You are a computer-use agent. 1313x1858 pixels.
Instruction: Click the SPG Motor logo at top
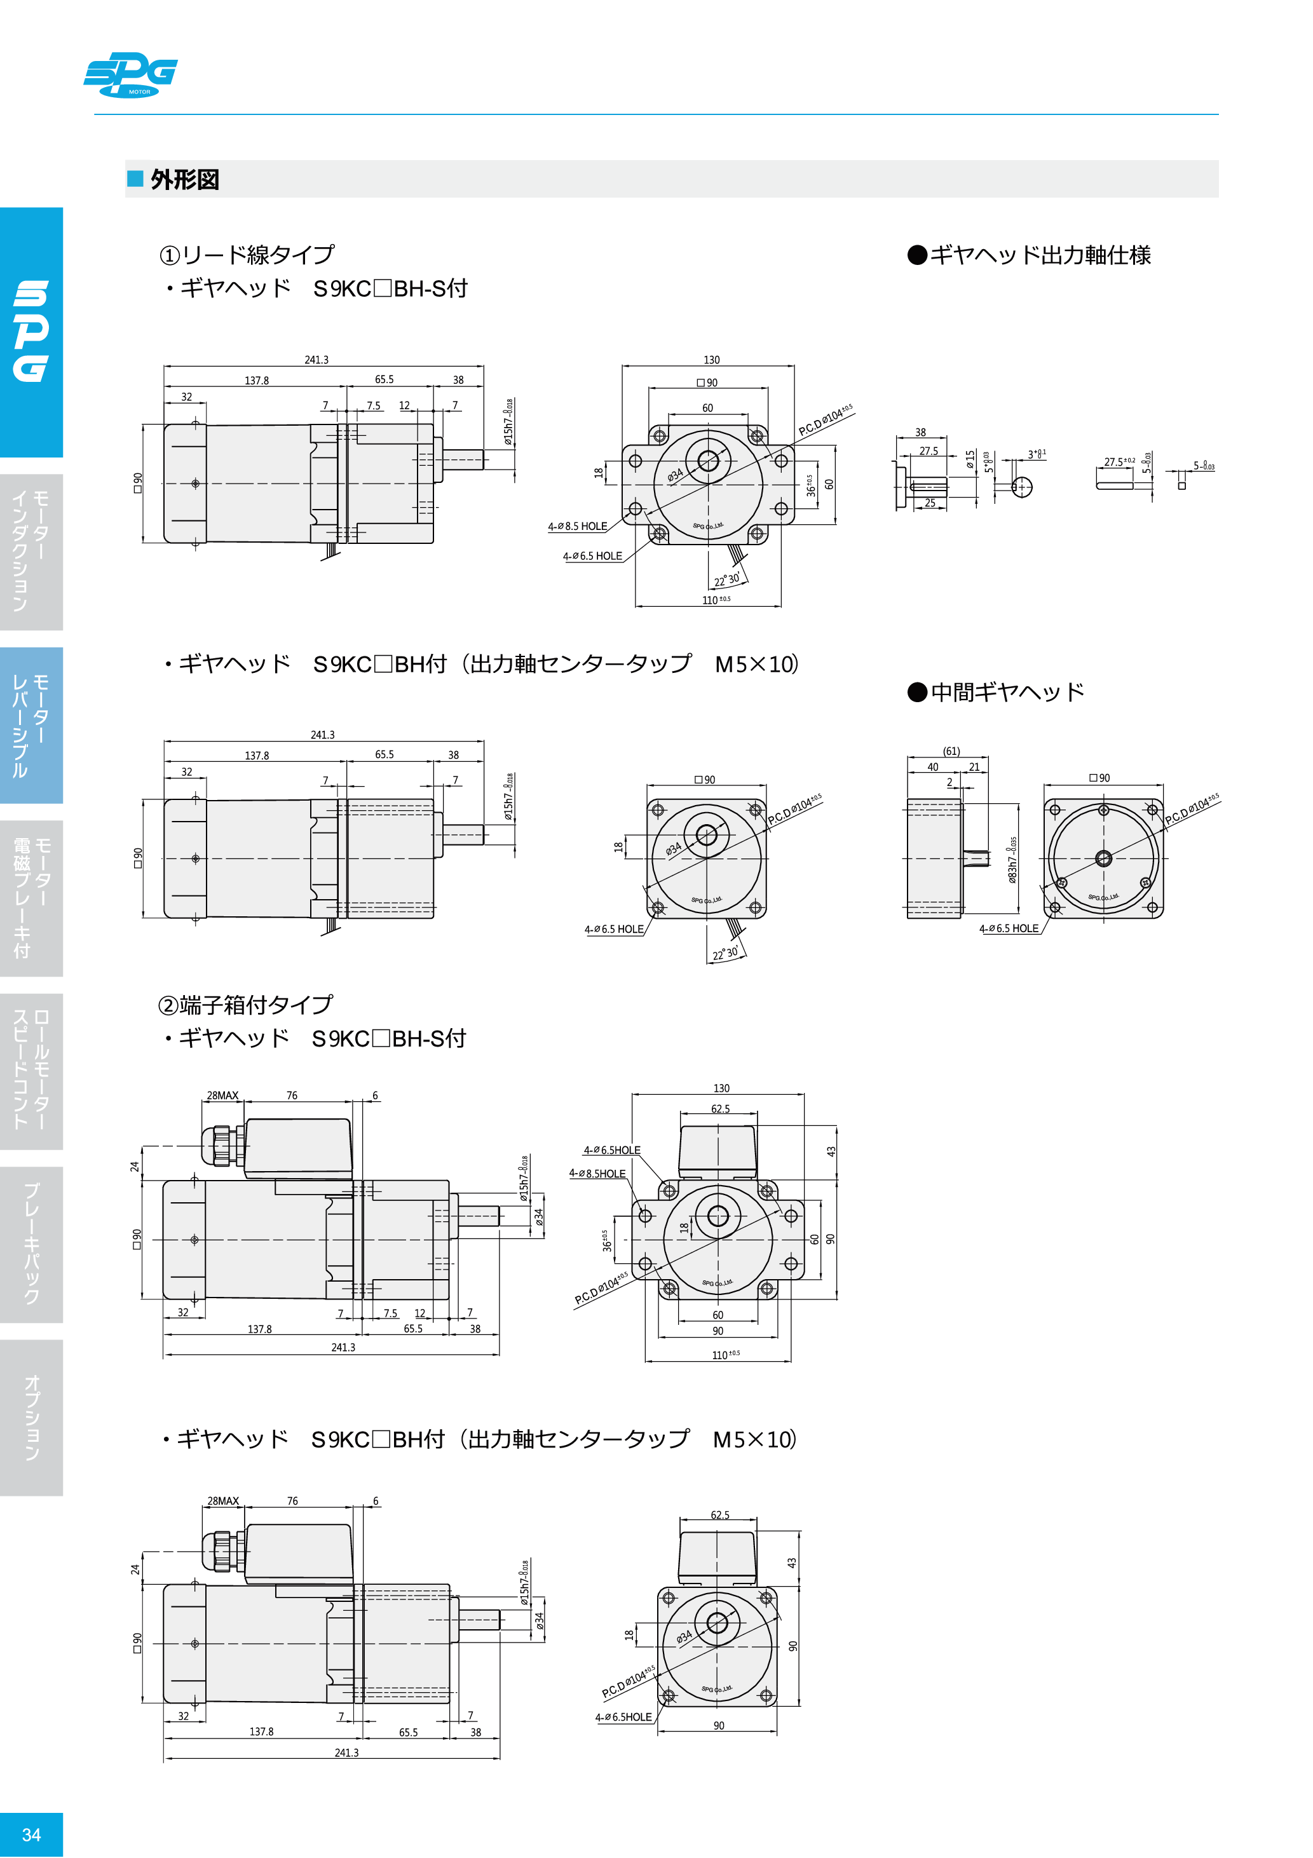pos(130,74)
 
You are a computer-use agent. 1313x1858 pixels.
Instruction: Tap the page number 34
pos(31,1834)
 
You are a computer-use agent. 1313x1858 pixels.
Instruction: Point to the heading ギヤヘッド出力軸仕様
pos(1030,255)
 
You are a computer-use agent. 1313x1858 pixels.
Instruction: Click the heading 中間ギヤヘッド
pos(997,692)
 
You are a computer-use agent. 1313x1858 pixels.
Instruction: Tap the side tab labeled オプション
pos(31,1416)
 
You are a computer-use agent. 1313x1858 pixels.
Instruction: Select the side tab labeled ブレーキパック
pos(31,1243)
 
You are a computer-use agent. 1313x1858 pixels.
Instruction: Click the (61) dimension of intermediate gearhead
pos(951,751)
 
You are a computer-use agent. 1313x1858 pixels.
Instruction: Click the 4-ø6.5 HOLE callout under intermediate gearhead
pos(1009,928)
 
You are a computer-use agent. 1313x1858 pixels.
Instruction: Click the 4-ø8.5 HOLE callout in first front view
pos(577,526)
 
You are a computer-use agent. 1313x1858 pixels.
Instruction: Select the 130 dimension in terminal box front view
pos(721,1088)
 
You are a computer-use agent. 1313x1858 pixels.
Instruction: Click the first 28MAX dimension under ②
pos(222,1095)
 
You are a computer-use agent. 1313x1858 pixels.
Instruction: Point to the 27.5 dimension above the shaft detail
pos(929,451)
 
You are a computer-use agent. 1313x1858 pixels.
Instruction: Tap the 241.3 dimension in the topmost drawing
pos(316,359)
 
